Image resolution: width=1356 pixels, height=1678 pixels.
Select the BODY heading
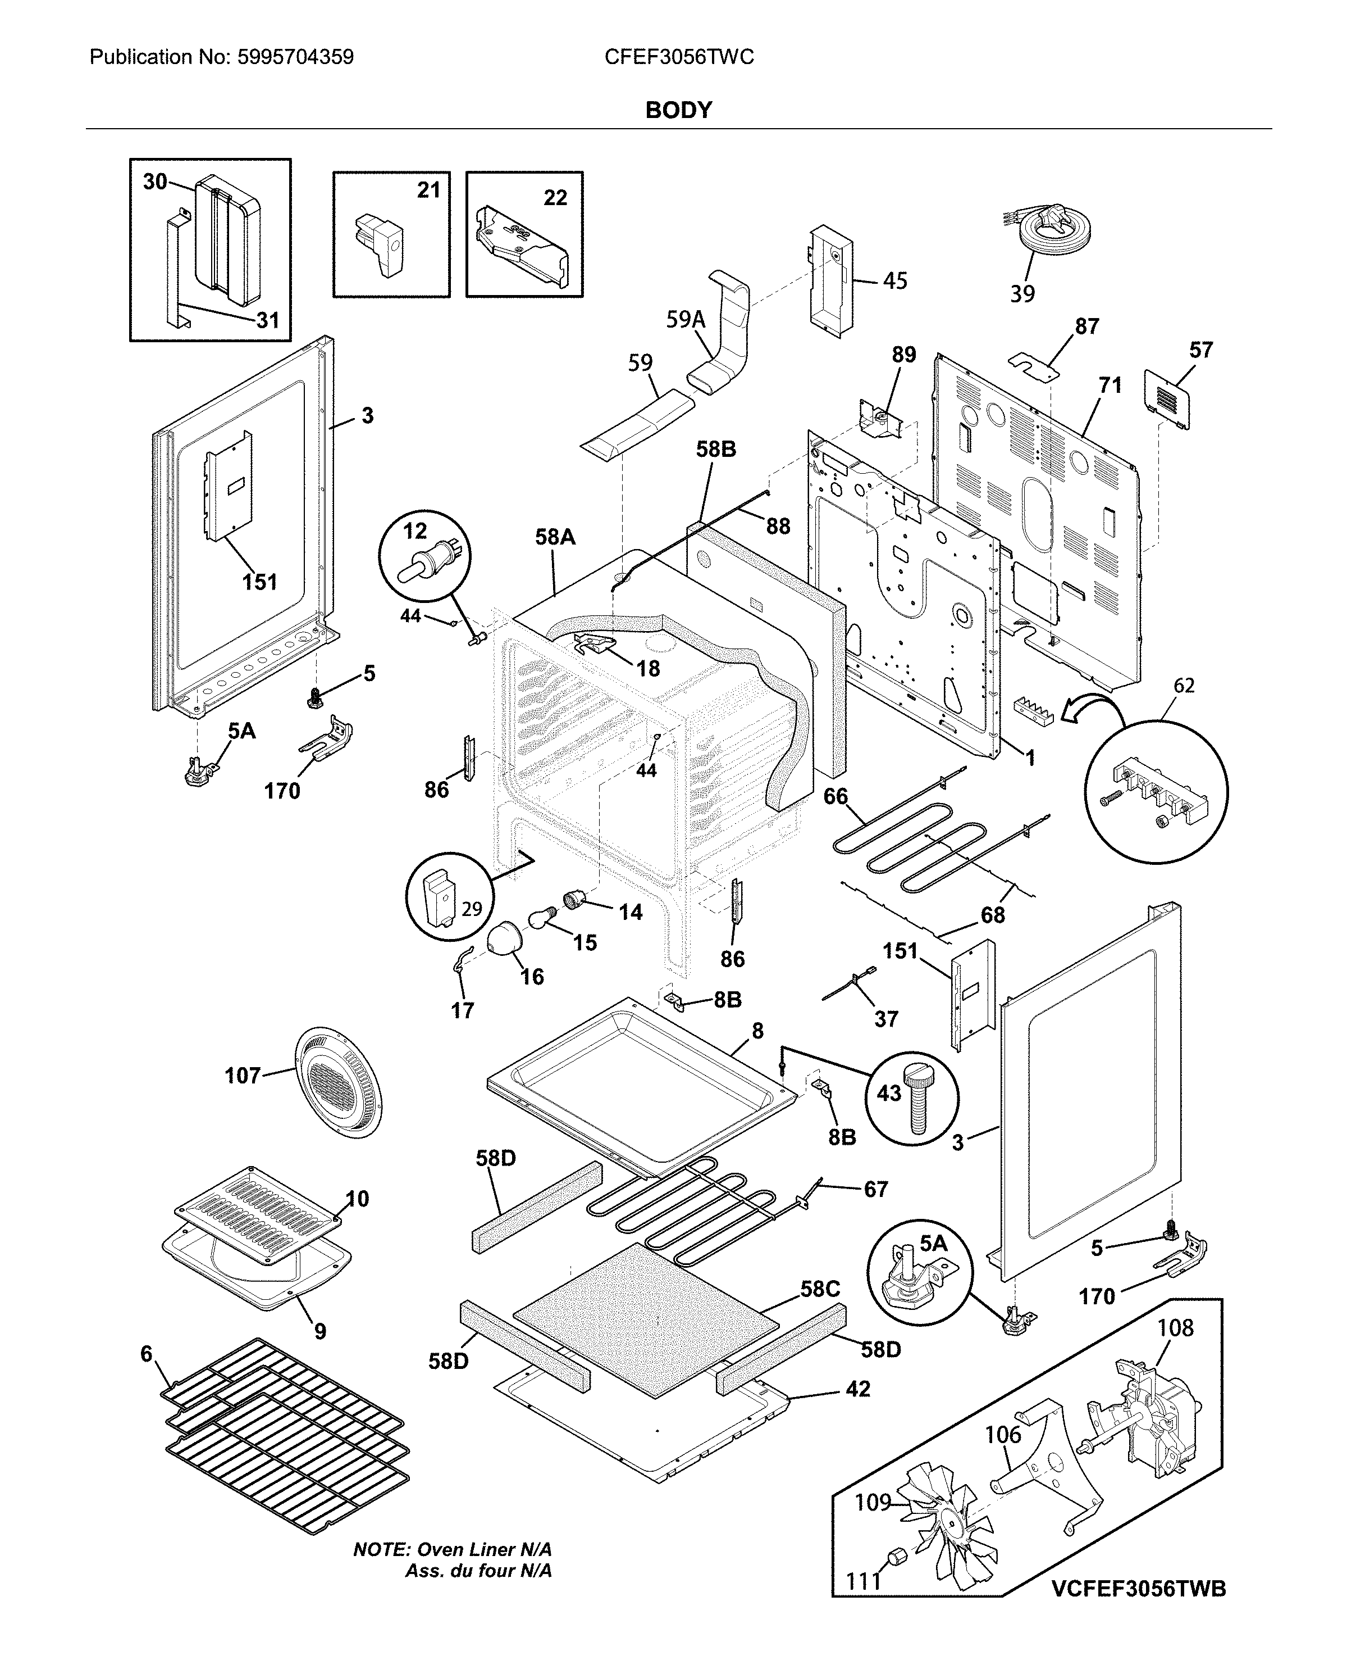(x=678, y=110)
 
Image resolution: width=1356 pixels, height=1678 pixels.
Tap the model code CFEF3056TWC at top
(x=679, y=57)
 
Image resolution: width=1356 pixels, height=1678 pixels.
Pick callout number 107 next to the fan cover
(x=242, y=1076)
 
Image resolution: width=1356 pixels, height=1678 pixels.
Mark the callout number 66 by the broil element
(x=835, y=796)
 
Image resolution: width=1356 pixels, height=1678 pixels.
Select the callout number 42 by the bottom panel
(x=857, y=1389)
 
